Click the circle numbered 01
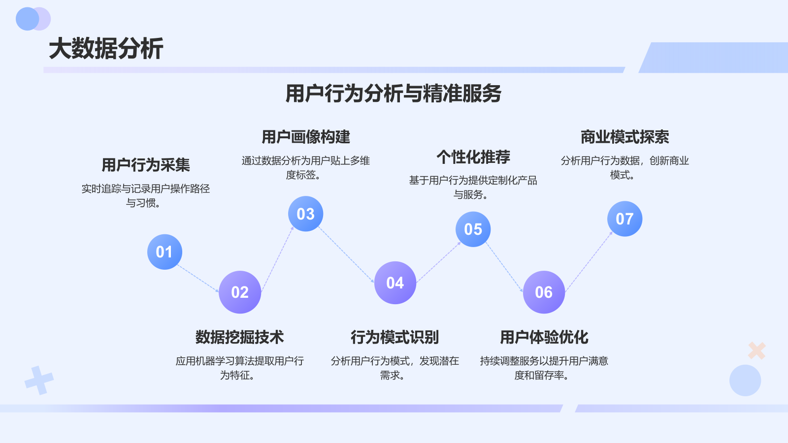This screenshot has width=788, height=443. tap(164, 252)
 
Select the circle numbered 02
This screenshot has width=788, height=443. tap(240, 292)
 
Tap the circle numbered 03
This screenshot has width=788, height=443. tap(305, 214)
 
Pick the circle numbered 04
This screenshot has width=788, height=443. tap(395, 283)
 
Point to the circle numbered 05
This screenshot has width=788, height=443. tap(473, 229)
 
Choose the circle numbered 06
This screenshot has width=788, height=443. tap(544, 292)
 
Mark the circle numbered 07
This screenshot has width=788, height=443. tap(624, 219)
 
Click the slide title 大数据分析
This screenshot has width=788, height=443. tap(106, 49)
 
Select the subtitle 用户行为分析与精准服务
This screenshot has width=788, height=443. tap(393, 94)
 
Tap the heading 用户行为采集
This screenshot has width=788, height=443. tap(146, 165)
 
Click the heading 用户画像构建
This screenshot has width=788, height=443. tap(305, 137)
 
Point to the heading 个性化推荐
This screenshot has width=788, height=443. tap(473, 157)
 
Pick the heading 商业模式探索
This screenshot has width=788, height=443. tap(624, 137)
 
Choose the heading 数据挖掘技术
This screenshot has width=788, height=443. tap(240, 337)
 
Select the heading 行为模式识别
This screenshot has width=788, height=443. tap(395, 337)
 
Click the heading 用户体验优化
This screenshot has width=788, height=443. tap(544, 337)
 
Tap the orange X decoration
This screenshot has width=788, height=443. tap(756, 350)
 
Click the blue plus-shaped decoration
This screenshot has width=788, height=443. tap(39, 380)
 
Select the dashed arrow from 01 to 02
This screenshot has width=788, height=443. tap(198, 279)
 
